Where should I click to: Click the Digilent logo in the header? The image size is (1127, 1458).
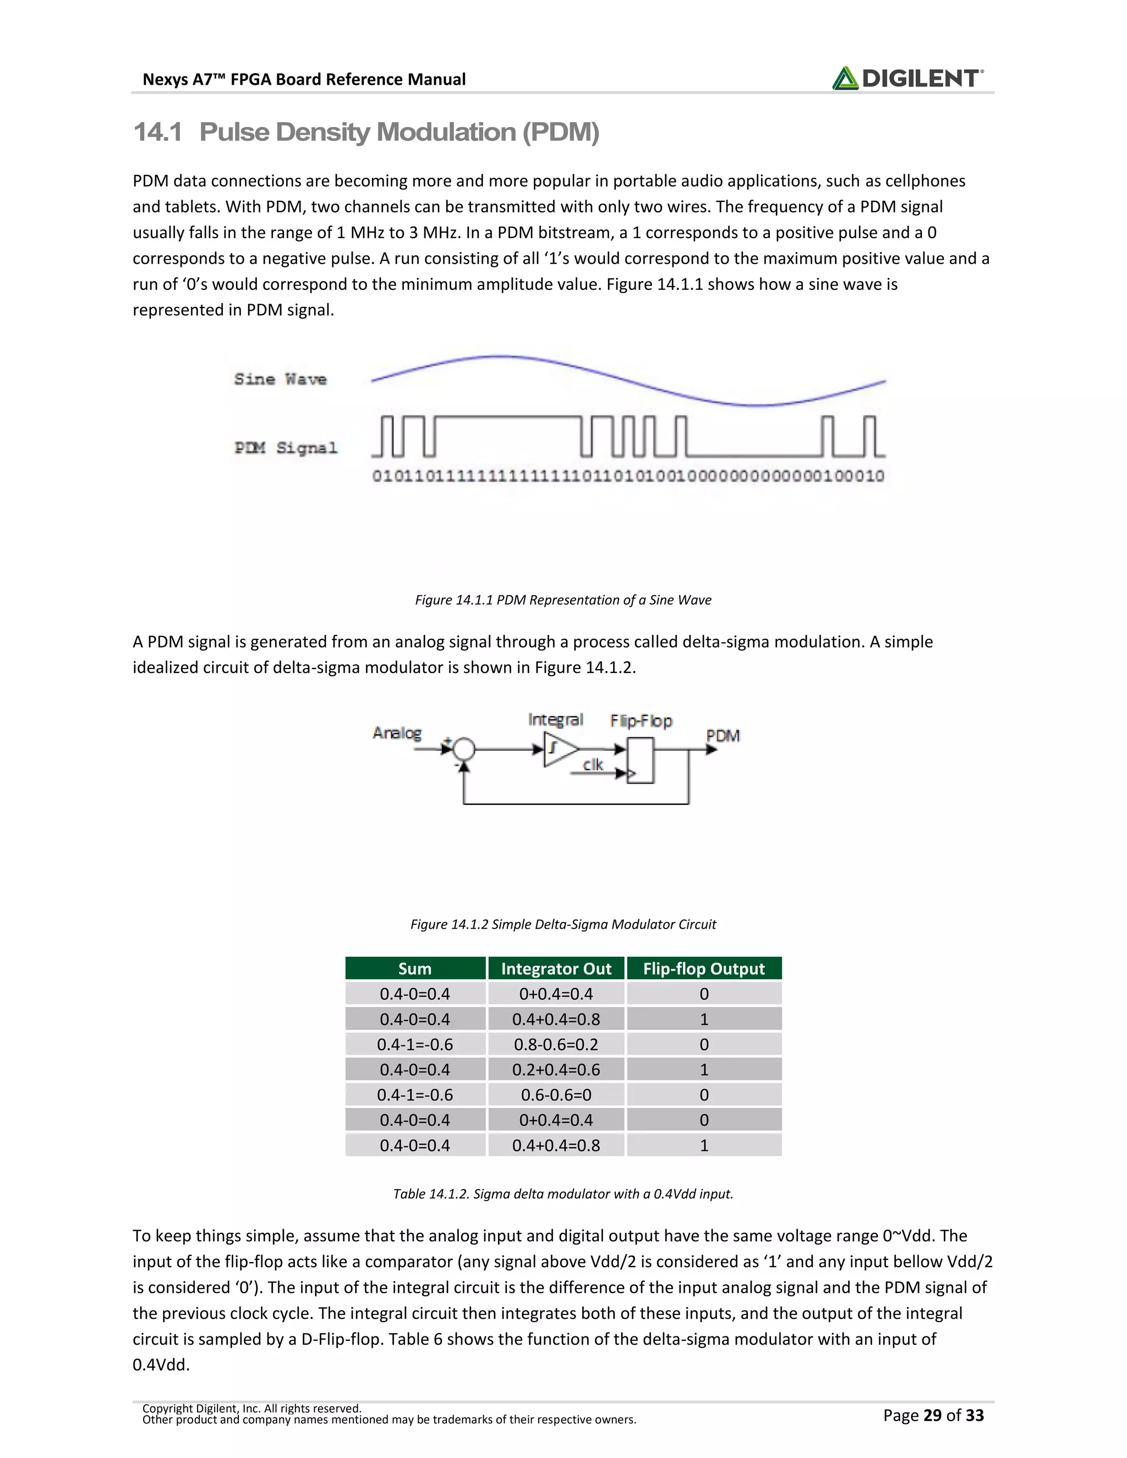coord(907,79)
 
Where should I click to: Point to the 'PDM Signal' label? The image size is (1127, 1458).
coord(286,447)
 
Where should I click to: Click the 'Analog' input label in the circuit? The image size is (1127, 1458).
coord(397,733)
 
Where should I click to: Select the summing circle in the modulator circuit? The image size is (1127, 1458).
coord(464,750)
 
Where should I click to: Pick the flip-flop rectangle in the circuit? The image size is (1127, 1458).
coord(641,760)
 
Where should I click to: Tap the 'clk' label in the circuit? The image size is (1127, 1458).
coord(592,764)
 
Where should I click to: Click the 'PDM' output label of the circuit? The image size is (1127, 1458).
coord(723,736)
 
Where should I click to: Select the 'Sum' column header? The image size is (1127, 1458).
coord(414,969)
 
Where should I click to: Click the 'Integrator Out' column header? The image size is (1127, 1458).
coord(556,969)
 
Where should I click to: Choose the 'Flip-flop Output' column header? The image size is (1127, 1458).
coord(704,969)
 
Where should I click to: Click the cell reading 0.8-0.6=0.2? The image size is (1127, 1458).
coord(556,1045)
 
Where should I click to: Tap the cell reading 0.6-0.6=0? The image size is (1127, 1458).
coord(556,1095)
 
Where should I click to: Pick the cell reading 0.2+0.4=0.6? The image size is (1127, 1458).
coord(556,1070)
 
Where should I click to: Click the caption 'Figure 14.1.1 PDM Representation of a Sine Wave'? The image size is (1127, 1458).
coord(563,600)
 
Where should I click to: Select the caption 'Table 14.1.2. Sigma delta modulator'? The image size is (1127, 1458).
coord(563,1194)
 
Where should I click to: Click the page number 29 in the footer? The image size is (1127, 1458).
coord(932,1415)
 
